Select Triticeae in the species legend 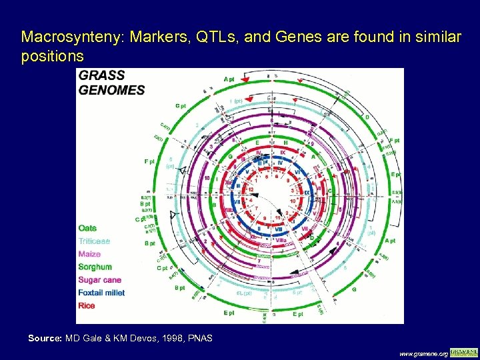click(94, 241)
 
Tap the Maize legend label click(89, 254)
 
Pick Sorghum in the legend click(94, 267)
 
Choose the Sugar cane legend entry click(99, 280)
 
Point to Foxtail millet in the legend click(101, 293)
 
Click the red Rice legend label click(87, 305)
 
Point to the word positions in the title click(52, 56)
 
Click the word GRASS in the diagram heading click(101, 76)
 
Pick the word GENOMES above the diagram click(112, 89)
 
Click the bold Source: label click(45, 339)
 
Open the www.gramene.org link click(423, 353)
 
